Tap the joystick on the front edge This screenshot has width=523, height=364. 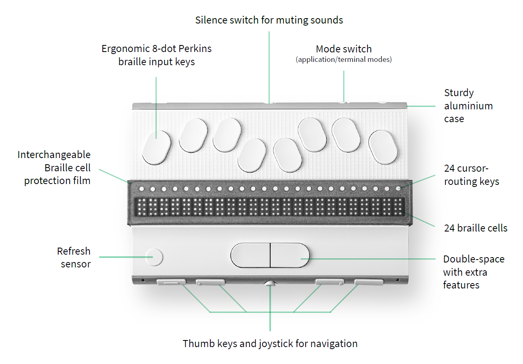[x=270, y=284]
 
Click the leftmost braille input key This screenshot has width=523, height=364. [x=157, y=147]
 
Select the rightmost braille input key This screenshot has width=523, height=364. [x=383, y=147]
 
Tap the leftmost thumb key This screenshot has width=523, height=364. [x=171, y=282]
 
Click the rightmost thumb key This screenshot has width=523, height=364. [x=369, y=282]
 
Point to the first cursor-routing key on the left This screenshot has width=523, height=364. [x=141, y=189]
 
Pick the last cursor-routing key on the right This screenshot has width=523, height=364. [x=398, y=189]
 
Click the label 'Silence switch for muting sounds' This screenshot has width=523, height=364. [x=269, y=20]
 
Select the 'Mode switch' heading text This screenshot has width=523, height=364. [x=344, y=50]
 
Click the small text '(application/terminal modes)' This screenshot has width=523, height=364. [x=344, y=59]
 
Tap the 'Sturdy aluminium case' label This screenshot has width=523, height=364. [x=468, y=106]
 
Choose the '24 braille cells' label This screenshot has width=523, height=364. [x=476, y=228]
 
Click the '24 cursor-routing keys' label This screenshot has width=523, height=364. [x=471, y=175]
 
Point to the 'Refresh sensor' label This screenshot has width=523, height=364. [x=74, y=258]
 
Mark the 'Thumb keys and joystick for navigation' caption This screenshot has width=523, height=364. [x=270, y=343]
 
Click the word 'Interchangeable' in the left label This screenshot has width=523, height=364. [x=54, y=155]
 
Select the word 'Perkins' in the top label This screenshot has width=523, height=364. [x=195, y=49]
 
